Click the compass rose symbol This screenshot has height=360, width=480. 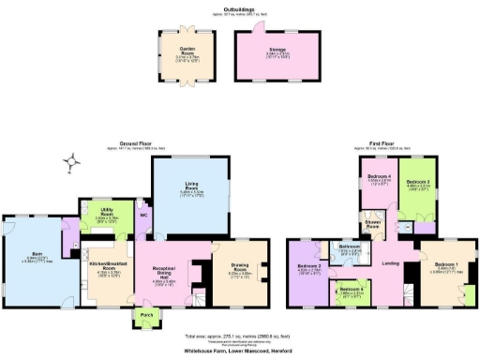pos(71,166)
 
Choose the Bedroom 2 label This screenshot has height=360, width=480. pos(309,268)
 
